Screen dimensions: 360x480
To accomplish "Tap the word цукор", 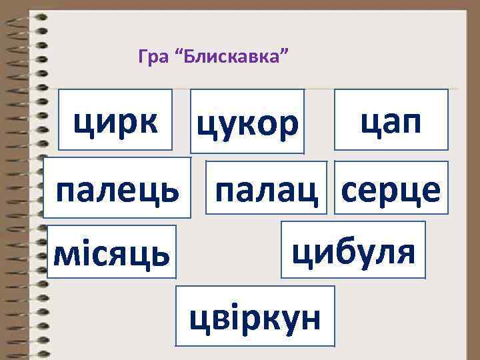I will (247, 124).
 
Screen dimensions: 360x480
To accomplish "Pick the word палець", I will (117, 191).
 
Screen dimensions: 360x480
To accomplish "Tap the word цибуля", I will (353, 251).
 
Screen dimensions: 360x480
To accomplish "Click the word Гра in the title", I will (151, 57).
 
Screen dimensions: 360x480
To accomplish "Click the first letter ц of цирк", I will (83, 121).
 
